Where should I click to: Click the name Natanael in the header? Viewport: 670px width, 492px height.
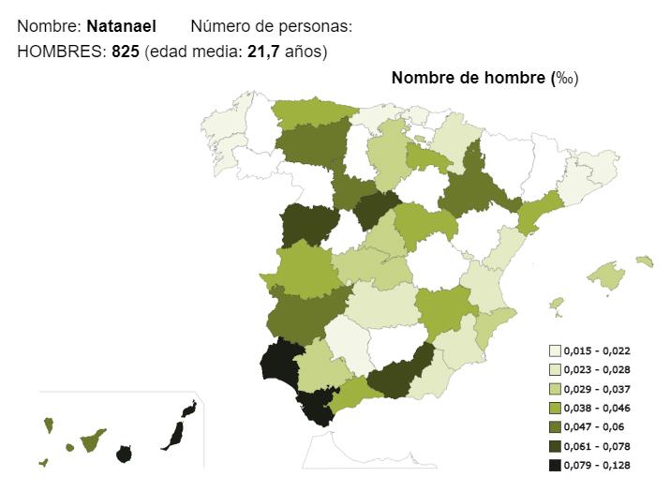point(121,26)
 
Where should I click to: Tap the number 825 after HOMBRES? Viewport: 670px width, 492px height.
point(127,52)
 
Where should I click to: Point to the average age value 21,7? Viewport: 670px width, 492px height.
point(263,52)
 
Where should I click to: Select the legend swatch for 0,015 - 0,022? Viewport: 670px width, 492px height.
point(555,350)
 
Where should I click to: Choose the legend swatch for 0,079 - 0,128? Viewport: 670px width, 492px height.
point(555,466)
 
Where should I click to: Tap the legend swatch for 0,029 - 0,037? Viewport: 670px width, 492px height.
point(555,389)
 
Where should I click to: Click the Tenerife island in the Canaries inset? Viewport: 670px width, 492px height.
point(92,439)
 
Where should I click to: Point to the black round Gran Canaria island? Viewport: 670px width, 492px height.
point(124,455)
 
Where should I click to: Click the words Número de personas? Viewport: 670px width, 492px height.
point(271,26)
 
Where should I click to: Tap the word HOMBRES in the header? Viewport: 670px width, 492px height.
point(59,52)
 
